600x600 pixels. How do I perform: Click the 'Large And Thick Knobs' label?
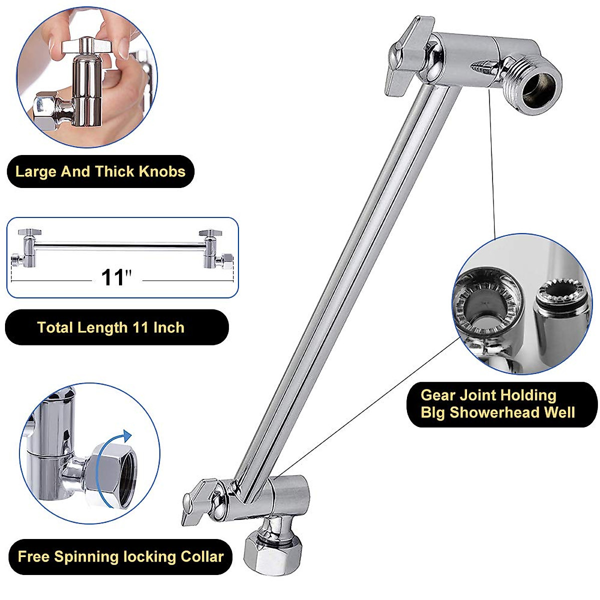tap(100, 171)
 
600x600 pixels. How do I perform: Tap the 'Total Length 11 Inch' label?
tap(111, 327)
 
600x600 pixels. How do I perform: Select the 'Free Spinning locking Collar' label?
tap(120, 556)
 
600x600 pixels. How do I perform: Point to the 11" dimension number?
tap(116, 277)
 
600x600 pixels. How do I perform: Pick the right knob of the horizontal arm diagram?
tap(210, 233)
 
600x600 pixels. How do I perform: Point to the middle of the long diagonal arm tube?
tap(340, 285)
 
